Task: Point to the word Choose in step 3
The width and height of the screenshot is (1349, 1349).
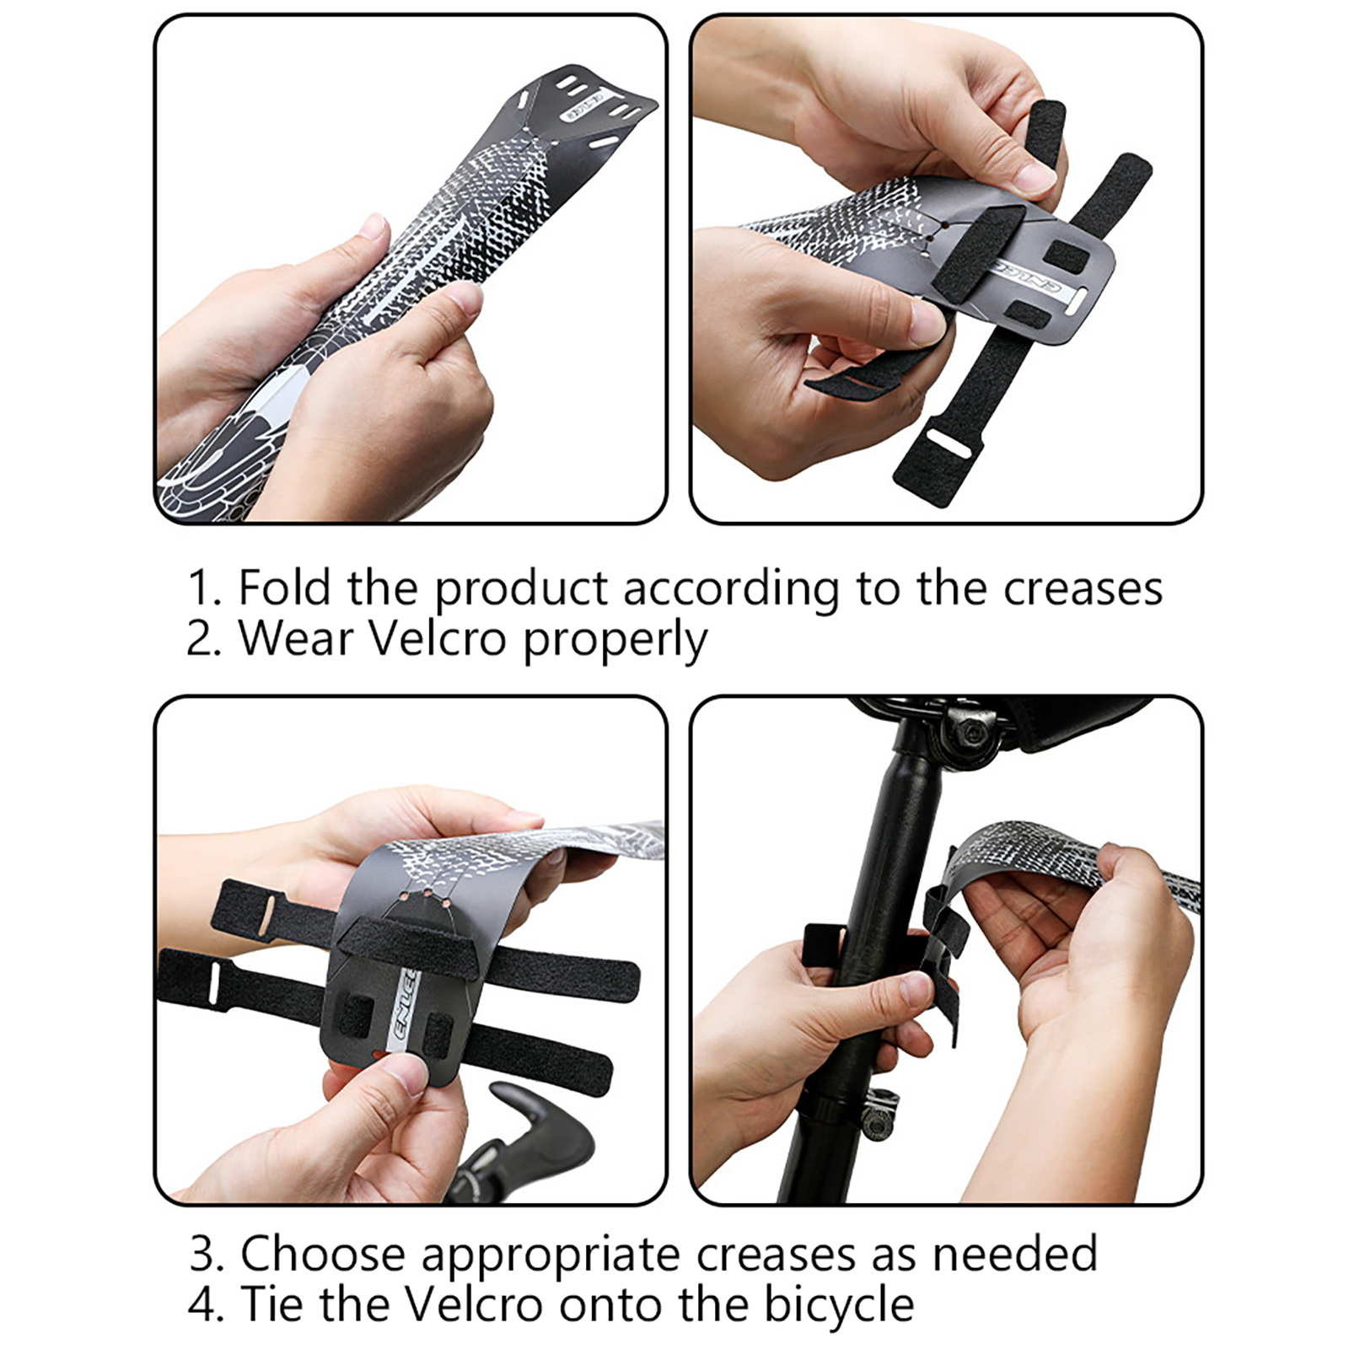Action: click(323, 1254)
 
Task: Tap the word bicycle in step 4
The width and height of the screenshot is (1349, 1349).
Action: click(839, 1306)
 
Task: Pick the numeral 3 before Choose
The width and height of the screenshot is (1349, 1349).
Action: click(203, 1255)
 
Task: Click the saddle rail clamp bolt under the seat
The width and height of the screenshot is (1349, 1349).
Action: click(969, 732)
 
